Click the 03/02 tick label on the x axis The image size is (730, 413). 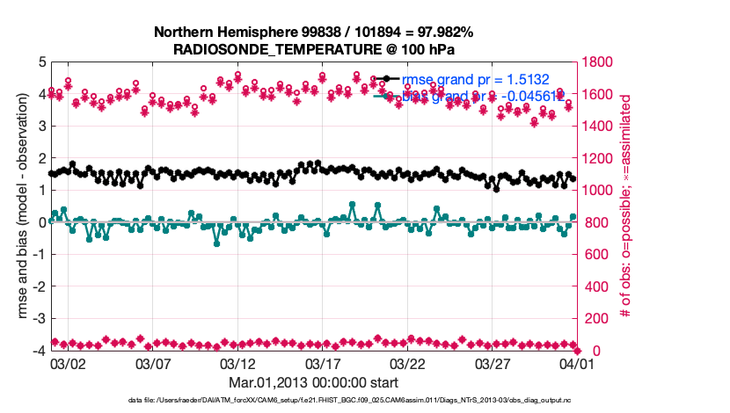68,362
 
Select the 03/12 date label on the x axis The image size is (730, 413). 237,362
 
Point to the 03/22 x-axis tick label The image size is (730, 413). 407,362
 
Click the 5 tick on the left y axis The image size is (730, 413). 41,62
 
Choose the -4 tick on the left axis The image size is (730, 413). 39,351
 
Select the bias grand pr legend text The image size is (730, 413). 484,95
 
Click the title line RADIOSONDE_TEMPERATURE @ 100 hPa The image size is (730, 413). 314,49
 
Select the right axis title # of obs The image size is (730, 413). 626,206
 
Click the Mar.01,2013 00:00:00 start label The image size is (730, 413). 314,382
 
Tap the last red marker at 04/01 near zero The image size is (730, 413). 576,350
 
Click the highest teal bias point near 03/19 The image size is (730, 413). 352,205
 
